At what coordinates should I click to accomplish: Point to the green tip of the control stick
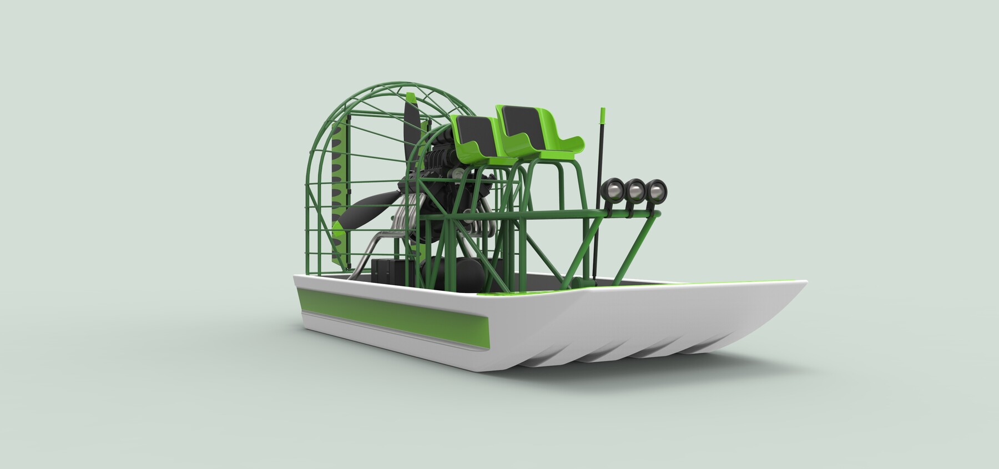point(602,115)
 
